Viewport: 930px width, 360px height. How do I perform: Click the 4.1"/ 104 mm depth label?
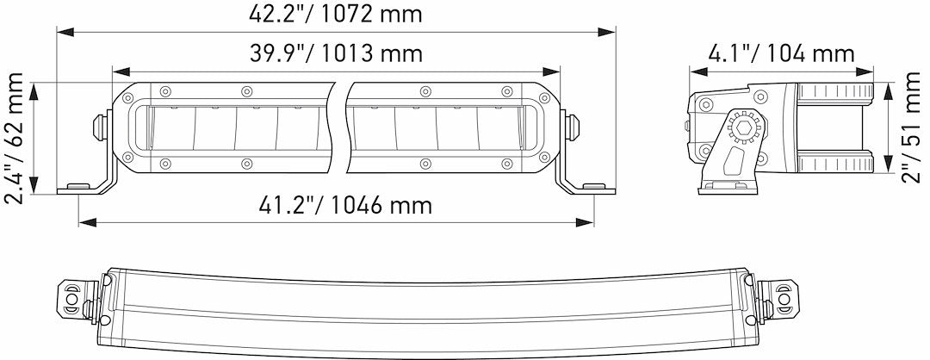(x=781, y=53)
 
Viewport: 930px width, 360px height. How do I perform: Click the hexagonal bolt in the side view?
(x=741, y=130)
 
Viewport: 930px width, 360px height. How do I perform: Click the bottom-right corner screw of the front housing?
(x=543, y=158)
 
